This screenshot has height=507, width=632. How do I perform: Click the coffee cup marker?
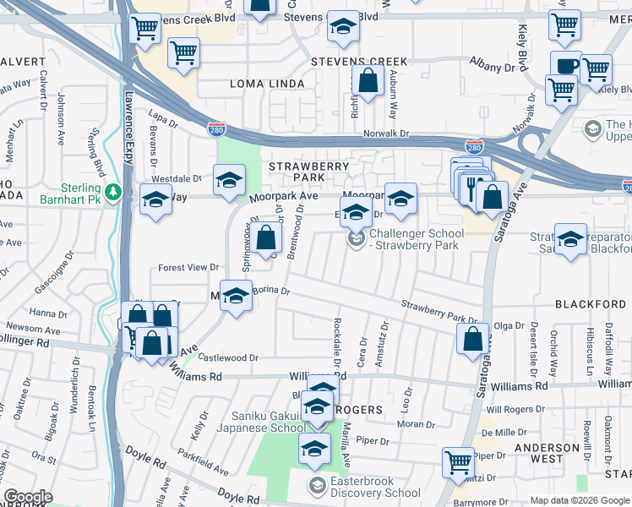point(566,65)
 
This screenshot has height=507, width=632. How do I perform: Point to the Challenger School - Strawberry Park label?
point(417,239)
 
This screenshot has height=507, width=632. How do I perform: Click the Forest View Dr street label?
point(189,268)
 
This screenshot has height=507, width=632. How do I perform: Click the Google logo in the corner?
point(28,497)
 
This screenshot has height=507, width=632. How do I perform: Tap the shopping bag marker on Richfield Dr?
point(368,83)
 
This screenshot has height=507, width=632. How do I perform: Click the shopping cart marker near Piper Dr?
point(458,461)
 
